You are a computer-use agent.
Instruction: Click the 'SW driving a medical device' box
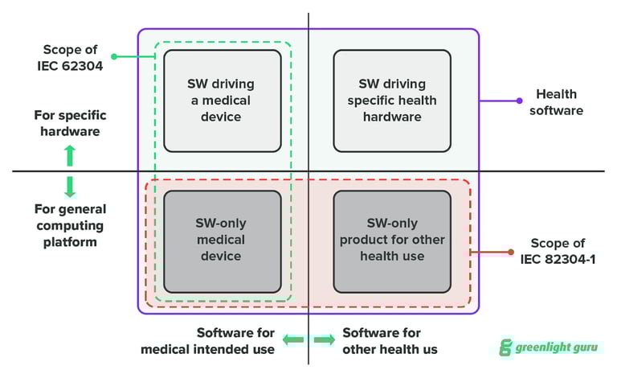coord(223,101)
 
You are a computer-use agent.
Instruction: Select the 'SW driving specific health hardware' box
coord(391,101)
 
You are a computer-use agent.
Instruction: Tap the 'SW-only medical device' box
coord(223,241)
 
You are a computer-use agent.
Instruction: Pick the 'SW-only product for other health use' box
coord(391,241)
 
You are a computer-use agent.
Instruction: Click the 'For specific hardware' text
coord(70,122)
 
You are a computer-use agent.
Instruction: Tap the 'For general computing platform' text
coord(70,225)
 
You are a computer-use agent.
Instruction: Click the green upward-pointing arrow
coord(70,153)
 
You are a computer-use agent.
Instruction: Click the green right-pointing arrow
coord(324,341)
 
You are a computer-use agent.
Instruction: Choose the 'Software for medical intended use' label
coord(208,341)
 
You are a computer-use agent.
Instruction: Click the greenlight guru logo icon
coord(506,347)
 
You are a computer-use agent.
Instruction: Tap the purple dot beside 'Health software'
coord(519,101)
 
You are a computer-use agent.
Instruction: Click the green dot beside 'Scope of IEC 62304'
coord(114,57)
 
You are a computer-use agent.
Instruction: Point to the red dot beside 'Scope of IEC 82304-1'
coord(511,252)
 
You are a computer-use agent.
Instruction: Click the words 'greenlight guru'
coord(557,347)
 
